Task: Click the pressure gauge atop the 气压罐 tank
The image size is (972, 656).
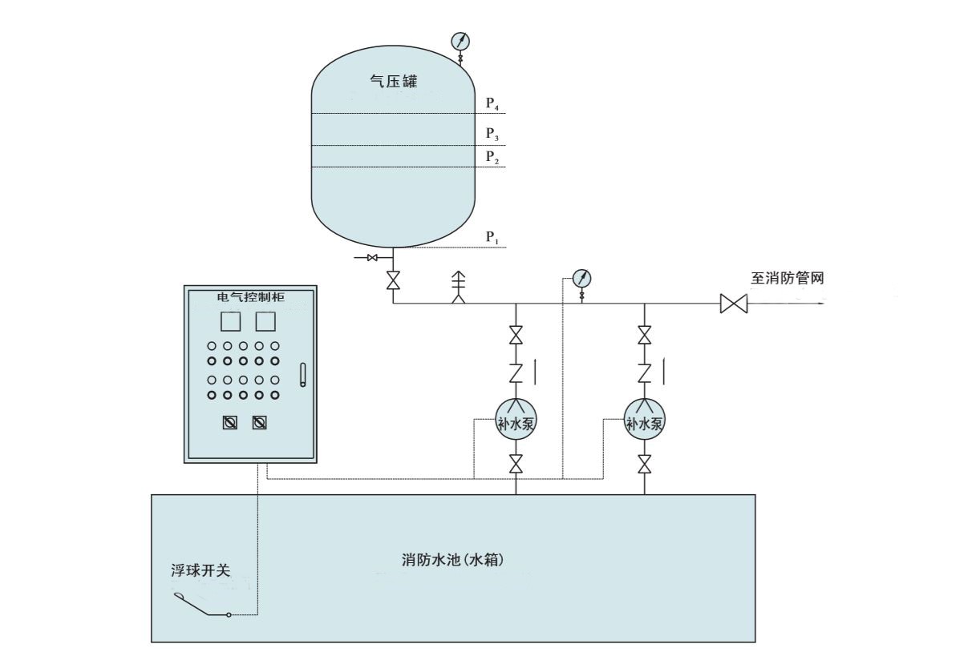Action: pyautogui.click(x=460, y=41)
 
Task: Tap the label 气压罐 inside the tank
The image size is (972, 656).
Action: pyautogui.click(x=391, y=82)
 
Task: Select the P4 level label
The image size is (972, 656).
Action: pyautogui.click(x=493, y=103)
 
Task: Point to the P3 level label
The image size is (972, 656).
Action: pyautogui.click(x=493, y=134)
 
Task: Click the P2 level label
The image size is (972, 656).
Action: pyautogui.click(x=493, y=157)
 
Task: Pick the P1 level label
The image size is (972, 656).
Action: pyautogui.click(x=493, y=237)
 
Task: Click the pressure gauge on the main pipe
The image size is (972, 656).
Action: pyautogui.click(x=582, y=279)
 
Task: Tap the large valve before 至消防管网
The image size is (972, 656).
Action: pyautogui.click(x=733, y=304)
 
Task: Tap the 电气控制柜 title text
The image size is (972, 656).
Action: pyautogui.click(x=250, y=297)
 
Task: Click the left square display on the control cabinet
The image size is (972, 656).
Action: pyautogui.click(x=230, y=322)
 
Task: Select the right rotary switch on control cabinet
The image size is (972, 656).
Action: pyautogui.click(x=260, y=422)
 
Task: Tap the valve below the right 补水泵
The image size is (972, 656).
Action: pyautogui.click(x=644, y=464)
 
